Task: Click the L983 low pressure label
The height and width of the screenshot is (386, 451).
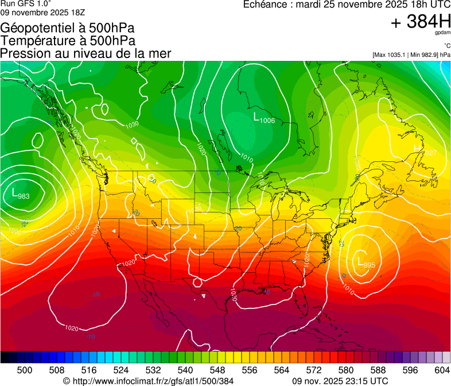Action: pyautogui.click(x=21, y=195)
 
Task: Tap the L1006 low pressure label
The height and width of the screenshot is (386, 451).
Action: pyautogui.click(x=264, y=118)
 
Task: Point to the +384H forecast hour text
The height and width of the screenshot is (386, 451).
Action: pyautogui.click(x=421, y=22)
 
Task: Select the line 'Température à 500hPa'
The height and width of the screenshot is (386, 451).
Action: pyautogui.click(x=68, y=41)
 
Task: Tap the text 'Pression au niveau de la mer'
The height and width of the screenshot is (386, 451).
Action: pyautogui.click(x=85, y=53)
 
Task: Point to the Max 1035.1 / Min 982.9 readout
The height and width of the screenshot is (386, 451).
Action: pyautogui.click(x=411, y=55)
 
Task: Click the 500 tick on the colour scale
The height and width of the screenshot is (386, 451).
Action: pyautogui.click(x=25, y=370)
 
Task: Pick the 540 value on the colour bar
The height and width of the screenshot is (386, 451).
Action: pyautogui.click(x=186, y=370)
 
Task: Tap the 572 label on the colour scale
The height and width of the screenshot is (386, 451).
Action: pyautogui.click(x=314, y=370)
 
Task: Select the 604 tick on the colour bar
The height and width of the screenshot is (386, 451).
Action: pyautogui.click(x=442, y=370)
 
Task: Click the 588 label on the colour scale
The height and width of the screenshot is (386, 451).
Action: pyautogui.click(x=378, y=370)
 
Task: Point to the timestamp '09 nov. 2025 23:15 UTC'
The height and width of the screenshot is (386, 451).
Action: pyautogui.click(x=340, y=381)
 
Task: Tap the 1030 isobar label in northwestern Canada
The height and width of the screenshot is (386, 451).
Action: pyautogui.click(x=132, y=125)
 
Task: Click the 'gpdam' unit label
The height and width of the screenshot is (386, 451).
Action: pyautogui.click(x=444, y=33)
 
